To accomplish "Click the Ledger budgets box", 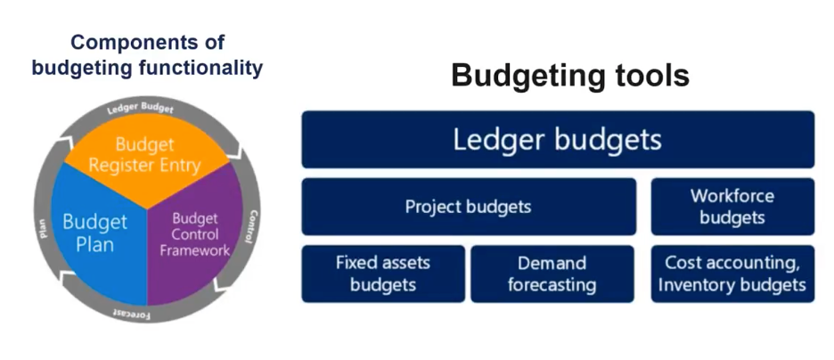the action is pos(558,139).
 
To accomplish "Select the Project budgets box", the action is pos(469,207).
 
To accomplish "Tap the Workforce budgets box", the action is pos(732,207).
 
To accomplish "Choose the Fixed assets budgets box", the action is pos(383,274).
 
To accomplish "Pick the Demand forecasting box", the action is pos(552,274).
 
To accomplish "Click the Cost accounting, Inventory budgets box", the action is pos(732,274).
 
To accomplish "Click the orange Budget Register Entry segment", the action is pos(146,160).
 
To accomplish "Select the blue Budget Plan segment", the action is pos(95,234).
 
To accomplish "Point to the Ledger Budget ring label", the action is pos(141,108).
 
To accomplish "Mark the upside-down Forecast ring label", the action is pos(133,313).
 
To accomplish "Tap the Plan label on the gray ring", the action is pos(43,228).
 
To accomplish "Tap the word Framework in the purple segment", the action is pos(194,250).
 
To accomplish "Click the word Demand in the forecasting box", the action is pos(552,263).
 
